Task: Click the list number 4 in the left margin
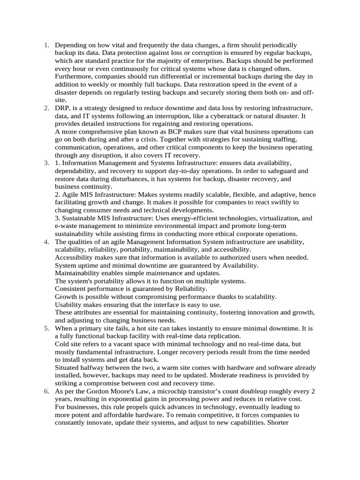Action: pos(46,241)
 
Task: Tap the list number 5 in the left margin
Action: pos(46,328)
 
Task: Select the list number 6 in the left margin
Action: pos(46,391)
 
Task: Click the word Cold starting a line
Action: pos(63,344)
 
